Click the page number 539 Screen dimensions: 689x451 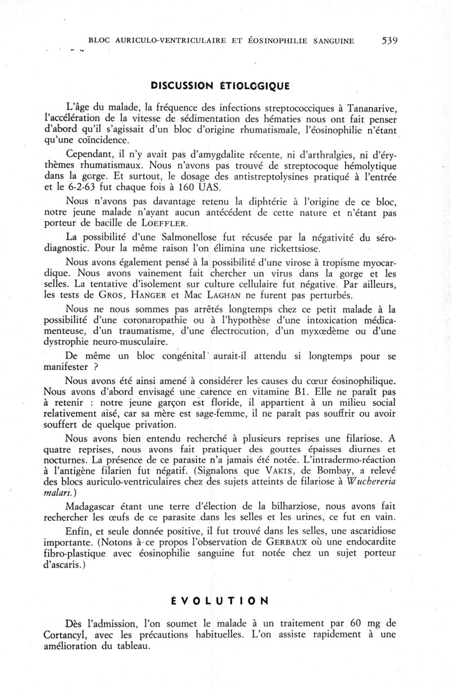(390, 40)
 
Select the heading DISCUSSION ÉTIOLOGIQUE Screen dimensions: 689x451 (220, 86)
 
